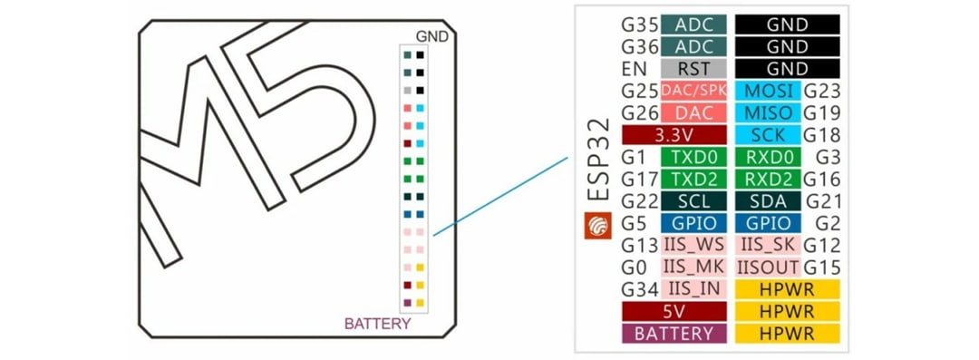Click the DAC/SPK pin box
pos(694,91)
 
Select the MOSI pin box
pos(768,91)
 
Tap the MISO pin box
pos(768,112)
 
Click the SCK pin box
pos(768,134)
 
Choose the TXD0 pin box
pos(694,157)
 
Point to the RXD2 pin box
pos(768,179)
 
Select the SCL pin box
pos(694,200)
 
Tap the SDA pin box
pos(768,200)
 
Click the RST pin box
pos(694,69)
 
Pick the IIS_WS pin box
pos(694,245)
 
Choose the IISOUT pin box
pos(768,267)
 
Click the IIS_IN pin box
pos(694,289)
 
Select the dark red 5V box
pos(673,311)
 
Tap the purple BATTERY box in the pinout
pos(673,333)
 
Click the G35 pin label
pos(640,24)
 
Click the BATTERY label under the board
pos(378,324)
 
